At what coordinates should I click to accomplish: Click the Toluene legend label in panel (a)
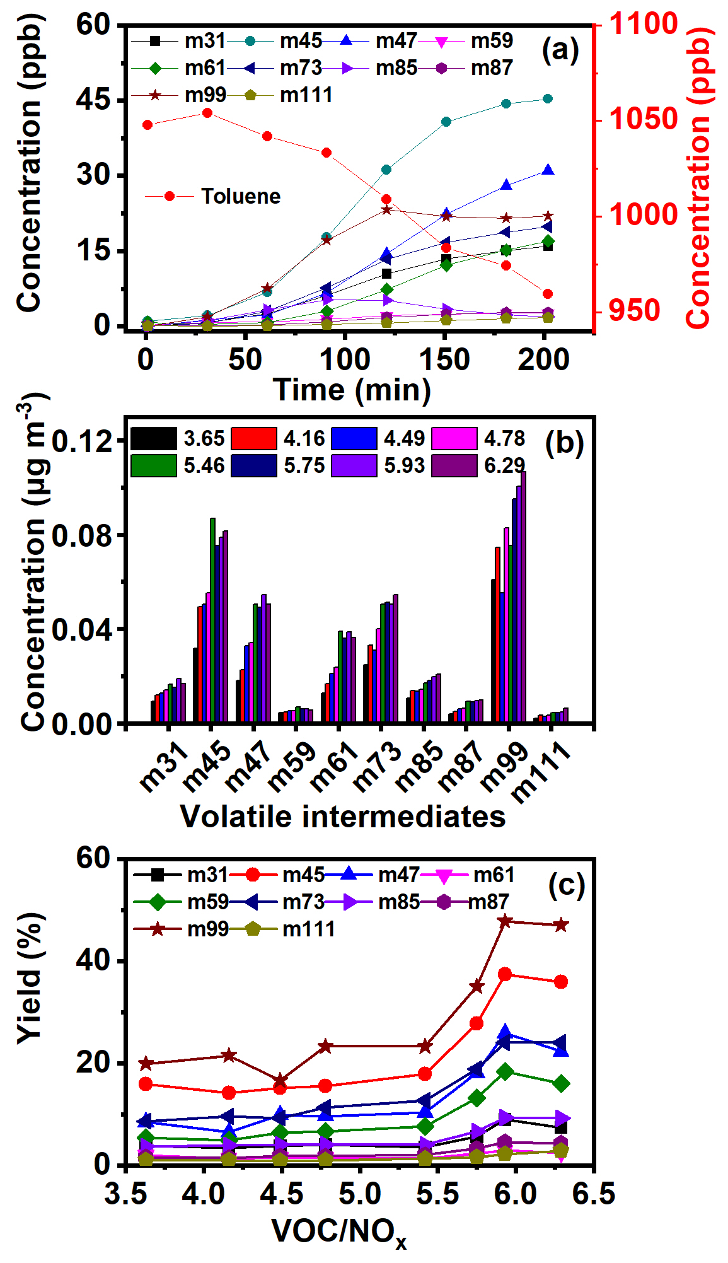(240, 196)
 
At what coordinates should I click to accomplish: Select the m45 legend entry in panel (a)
(301, 41)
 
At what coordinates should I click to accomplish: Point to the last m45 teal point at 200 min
(547, 98)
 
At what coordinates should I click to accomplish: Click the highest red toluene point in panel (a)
(207, 113)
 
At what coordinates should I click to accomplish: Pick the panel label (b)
(563, 443)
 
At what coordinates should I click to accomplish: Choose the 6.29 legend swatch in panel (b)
(454, 466)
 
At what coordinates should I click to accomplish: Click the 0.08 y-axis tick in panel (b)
(80, 535)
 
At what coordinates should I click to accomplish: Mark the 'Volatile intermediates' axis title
(343, 816)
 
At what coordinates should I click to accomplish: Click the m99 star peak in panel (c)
(505, 921)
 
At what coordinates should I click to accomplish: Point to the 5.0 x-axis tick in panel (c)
(359, 1193)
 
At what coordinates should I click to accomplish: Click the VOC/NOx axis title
(339, 1231)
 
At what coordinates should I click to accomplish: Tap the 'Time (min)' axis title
(352, 390)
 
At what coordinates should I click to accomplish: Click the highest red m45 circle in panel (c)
(505, 974)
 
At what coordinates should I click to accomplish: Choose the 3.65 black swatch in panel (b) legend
(154, 439)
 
